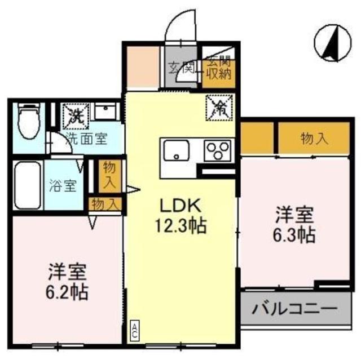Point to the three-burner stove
tap(215, 150)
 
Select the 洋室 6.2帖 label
tap(67, 282)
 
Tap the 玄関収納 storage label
tap(217, 67)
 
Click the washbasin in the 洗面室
tap(105, 112)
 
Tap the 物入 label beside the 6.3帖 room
tap(314, 139)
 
